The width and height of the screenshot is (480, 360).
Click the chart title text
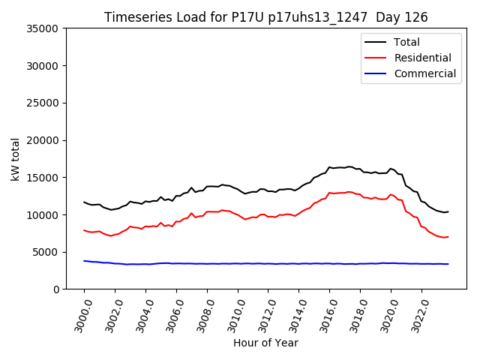tap(265, 17)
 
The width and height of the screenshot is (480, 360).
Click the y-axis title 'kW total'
tap(16, 158)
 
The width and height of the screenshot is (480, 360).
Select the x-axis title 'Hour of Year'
tap(265, 343)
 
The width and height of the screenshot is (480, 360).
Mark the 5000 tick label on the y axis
tap(46, 252)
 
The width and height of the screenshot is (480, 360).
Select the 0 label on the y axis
tap(56, 289)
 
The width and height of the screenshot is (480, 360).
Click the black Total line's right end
tap(448, 211)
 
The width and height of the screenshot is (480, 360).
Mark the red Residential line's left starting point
tap(84, 230)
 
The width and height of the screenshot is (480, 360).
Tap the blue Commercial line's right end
tap(448, 264)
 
